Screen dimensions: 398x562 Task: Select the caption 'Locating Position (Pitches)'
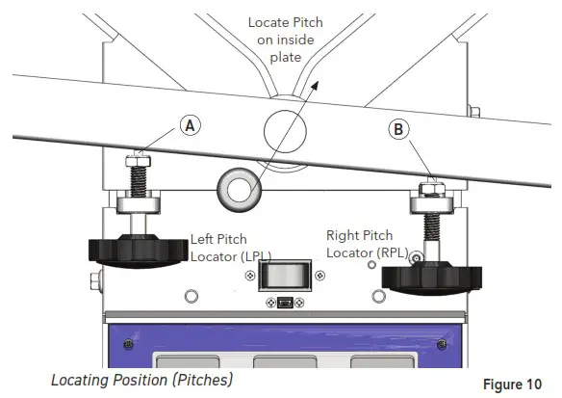141,379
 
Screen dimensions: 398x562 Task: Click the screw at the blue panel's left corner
124,343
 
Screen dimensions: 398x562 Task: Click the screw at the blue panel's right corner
443,343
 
